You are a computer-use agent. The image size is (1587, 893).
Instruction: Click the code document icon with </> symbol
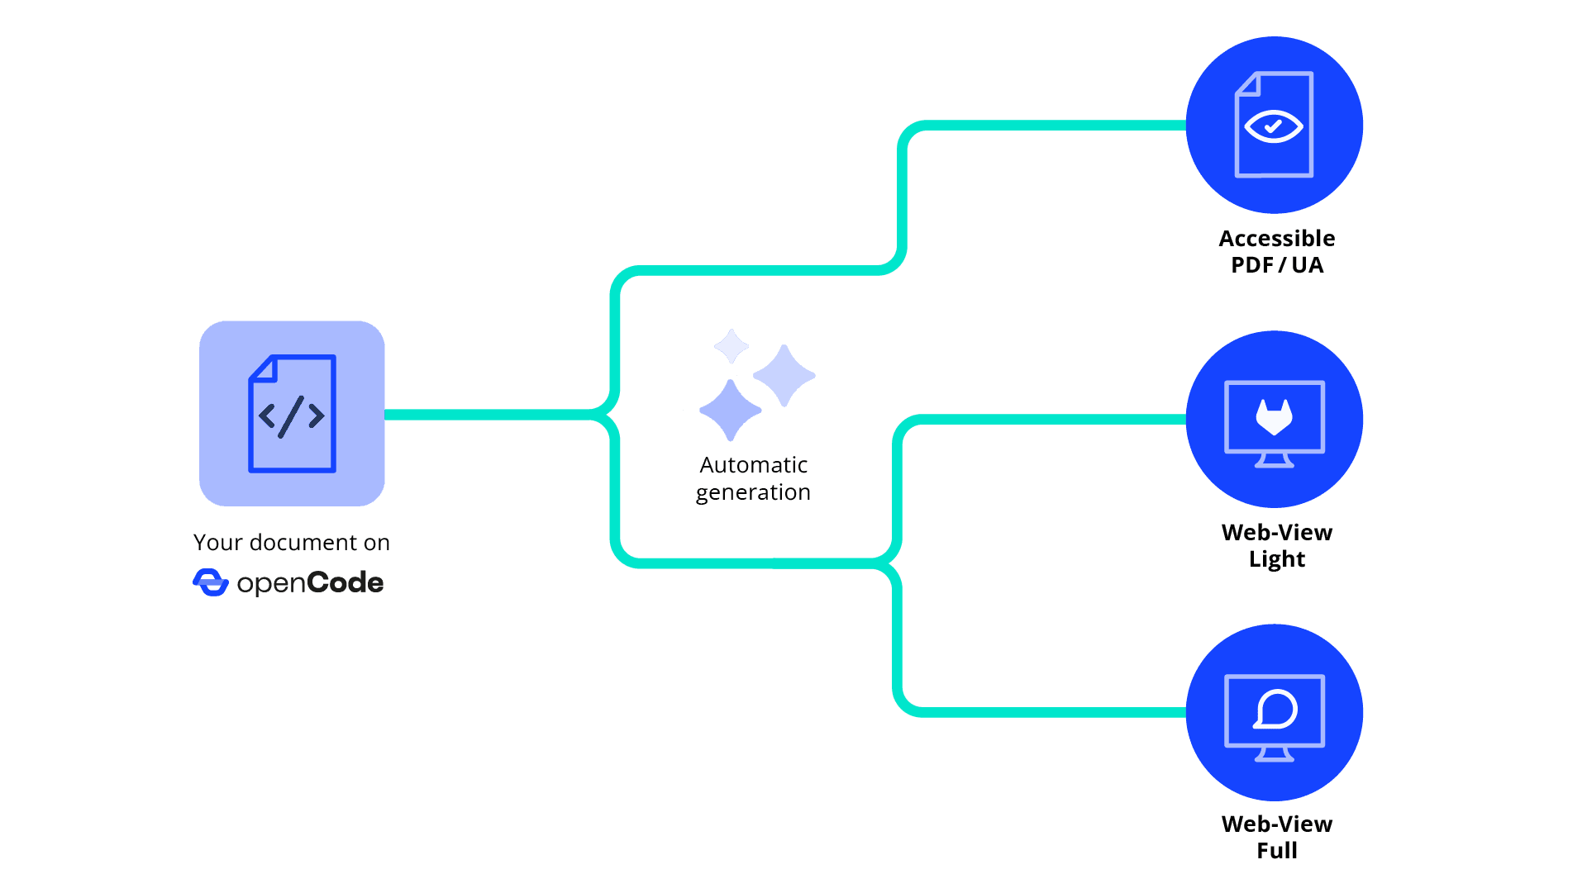[x=292, y=414]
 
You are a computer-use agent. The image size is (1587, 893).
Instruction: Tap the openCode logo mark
[x=210, y=582]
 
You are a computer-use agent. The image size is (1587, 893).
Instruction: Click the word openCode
[x=310, y=583]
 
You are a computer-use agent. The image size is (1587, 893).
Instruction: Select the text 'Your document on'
[x=291, y=543]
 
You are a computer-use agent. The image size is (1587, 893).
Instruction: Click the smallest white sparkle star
[x=731, y=346]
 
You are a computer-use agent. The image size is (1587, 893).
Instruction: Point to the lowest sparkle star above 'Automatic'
[x=730, y=410]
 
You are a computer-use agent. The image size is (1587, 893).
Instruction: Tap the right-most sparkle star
[x=784, y=376]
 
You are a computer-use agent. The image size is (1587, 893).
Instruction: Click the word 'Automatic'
[x=753, y=465]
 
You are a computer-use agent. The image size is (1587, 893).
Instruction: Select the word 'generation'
[x=753, y=492]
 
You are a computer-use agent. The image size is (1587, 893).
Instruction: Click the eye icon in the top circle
[x=1274, y=126]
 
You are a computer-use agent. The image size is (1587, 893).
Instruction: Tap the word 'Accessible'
[x=1276, y=239]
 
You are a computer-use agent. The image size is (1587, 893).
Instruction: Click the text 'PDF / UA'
[x=1276, y=265]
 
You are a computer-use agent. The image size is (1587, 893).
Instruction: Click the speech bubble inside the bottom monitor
[x=1275, y=710]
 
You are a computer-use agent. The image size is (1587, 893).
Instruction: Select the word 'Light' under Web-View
[x=1276, y=559]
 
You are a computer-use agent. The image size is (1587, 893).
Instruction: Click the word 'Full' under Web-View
[x=1276, y=851]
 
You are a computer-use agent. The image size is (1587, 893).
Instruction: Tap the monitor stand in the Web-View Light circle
[x=1274, y=460]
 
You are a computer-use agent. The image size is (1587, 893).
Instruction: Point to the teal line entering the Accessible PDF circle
[x=1075, y=126]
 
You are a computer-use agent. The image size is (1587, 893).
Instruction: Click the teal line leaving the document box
[x=488, y=414]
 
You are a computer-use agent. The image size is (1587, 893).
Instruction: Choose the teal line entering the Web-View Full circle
[x=1075, y=712]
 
